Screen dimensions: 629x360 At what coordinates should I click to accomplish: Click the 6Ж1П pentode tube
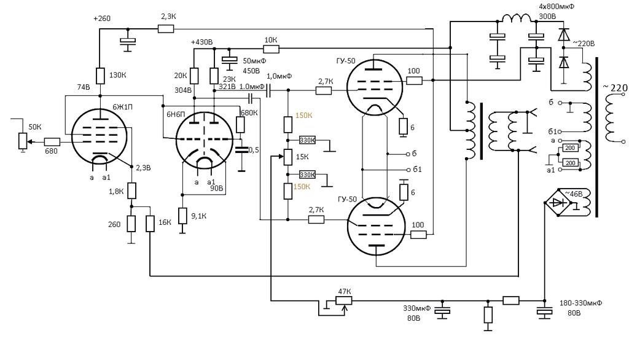(x=99, y=136)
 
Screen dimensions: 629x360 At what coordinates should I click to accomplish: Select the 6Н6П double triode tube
(x=204, y=138)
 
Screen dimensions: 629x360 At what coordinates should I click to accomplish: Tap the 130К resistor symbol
(x=100, y=76)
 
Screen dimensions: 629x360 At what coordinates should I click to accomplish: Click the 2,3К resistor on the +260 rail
(x=166, y=28)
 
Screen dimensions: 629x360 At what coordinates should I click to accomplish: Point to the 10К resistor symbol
(x=271, y=49)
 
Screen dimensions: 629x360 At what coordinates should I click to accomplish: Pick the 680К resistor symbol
(x=240, y=125)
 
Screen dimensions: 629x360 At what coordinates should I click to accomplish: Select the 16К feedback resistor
(x=150, y=224)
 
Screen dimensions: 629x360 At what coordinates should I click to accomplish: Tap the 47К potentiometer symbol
(x=343, y=300)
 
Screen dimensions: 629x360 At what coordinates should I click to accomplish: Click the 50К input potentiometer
(x=23, y=142)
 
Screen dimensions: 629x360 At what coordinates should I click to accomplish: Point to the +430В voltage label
(x=201, y=42)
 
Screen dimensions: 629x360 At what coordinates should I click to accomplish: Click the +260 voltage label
(x=101, y=18)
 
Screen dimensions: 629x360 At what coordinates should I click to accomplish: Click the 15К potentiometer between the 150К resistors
(x=288, y=157)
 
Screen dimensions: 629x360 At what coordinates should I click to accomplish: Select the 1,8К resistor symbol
(x=131, y=191)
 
